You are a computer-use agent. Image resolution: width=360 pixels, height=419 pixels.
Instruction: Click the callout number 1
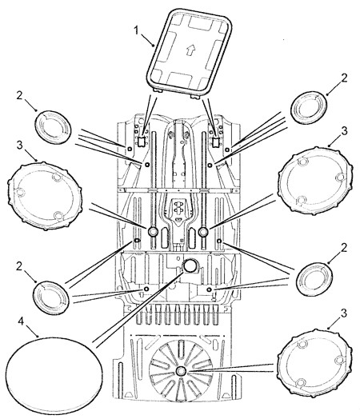pyautogui.click(x=137, y=30)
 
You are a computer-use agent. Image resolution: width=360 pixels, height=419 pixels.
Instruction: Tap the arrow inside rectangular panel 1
pyautogui.click(x=190, y=50)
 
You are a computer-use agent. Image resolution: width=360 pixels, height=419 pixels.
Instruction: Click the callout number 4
pyautogui.click(x=21, y=321)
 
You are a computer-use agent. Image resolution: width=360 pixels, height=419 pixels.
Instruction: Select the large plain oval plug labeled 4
pyautogui.click(x=54, y=373)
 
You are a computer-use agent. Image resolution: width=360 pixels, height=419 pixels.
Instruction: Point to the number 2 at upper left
pyautogui.click(x=20, y=96)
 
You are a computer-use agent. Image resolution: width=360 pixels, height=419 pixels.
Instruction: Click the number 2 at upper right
pyautogui.click(x=344, y=78)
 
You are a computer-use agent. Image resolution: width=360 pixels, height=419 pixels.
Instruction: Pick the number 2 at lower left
pyautogui.click(x=19, y=266)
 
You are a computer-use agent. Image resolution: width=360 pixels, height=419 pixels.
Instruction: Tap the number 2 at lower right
pyautogui.click(x=344, y=248)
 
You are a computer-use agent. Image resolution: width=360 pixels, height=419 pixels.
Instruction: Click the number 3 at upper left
pyautogui.click(x=20, y=146)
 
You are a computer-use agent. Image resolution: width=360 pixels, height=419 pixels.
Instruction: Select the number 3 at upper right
pyautogui.click(x=344, y=131)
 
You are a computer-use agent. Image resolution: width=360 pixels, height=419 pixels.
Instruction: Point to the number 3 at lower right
pyautogui.click(x=344, y=313)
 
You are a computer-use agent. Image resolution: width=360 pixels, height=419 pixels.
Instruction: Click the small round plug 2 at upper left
pyautogui.click(x=53, y=127)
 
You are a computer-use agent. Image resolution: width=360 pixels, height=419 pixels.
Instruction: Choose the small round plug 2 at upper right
pyautogui.click(x=309, y=107)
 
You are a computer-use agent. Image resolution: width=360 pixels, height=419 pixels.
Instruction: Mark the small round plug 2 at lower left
pyautogui.click(x=50, y=297)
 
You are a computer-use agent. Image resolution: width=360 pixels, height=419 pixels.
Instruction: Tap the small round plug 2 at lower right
pyautogui.click(x=314, y=279)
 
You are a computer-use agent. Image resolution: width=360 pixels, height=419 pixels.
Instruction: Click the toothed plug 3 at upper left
pyautogui.click(x=45, y=196)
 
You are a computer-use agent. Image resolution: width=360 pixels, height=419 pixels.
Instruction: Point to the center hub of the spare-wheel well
pyautogui.click(x=181, y=371)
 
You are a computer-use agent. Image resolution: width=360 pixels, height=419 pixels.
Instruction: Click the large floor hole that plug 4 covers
pyautogui.click(x=190, y=265)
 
